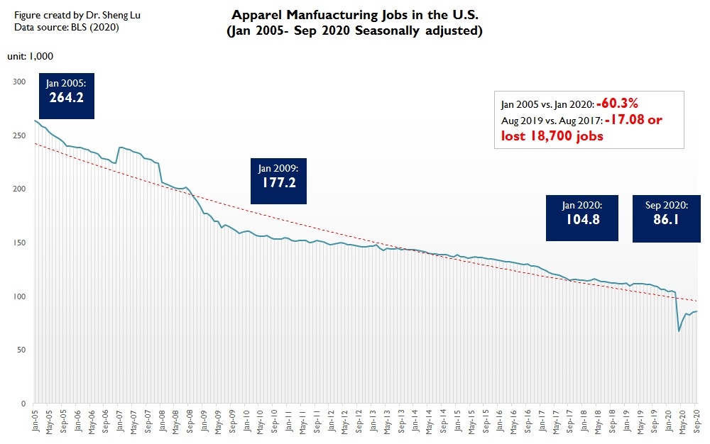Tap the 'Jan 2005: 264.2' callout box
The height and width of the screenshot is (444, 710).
[66, 91]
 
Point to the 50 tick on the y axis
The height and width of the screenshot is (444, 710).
[21, 350]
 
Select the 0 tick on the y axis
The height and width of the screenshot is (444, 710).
[23, 404]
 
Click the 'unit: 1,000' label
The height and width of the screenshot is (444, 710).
[31, 56]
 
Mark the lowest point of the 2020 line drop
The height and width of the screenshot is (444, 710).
[679, 331]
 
